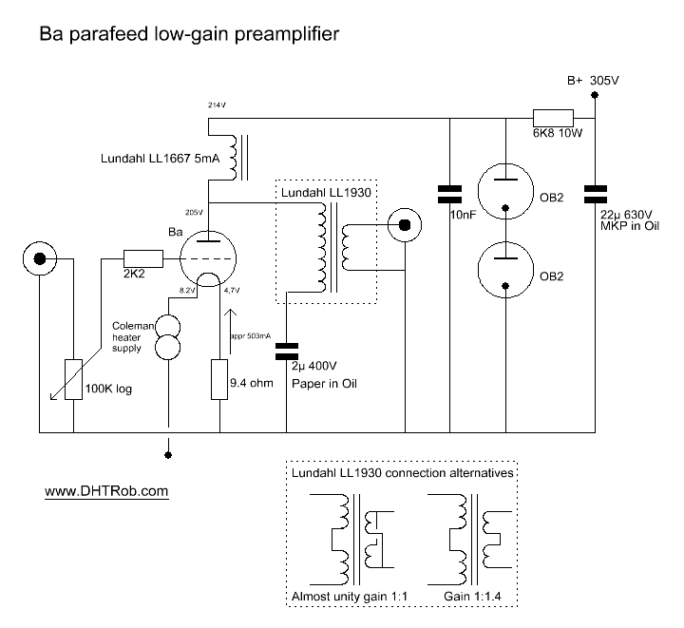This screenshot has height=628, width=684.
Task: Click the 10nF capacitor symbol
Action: (448, 195)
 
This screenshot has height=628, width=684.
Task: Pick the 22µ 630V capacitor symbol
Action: (596, 195)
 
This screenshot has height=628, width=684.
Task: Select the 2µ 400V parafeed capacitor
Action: (287, 351)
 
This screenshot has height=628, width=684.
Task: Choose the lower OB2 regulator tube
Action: (505, 267)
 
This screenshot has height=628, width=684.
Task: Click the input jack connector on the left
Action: (39, 257)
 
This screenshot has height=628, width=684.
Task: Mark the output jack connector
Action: (405, 225)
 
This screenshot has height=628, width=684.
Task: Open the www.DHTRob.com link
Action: (106, 491)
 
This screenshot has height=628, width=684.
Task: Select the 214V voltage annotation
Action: (218, 104)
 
